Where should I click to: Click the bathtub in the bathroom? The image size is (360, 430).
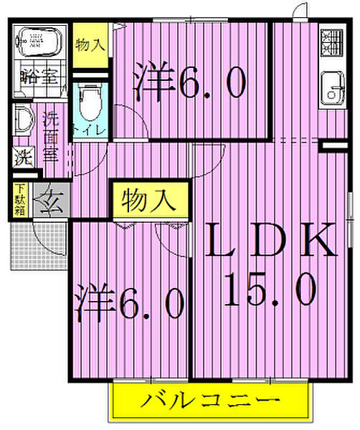pyautogui.click(x=38, y=43)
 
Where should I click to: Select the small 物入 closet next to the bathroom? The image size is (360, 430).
pyautogui.click(x=90, y=44)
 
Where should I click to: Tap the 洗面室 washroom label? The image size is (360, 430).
pyautogui.click(x=51, y=135)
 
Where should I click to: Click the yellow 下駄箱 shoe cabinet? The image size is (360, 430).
pyautogui.click(x=20, y=200)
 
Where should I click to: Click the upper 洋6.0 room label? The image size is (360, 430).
pyautogui.click(x=190, y=82)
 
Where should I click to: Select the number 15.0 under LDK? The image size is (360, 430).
pyautogui.click(x=269, y=290)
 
